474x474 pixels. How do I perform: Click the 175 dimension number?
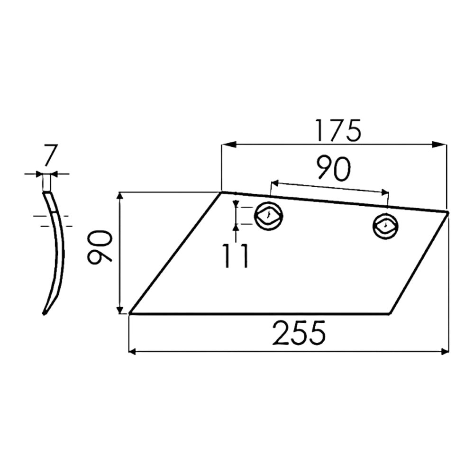click(x=337, y=131)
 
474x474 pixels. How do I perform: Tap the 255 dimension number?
click(x=299, y=333)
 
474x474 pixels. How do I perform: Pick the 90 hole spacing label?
click(x=333, y=169)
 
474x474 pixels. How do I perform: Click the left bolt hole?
click(x=268, y=216)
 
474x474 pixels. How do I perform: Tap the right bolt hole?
click(x=385, y=226)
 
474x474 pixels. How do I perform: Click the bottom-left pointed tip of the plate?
click(x=130, y=314)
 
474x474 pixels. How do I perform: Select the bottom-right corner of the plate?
click(x=390, y=314)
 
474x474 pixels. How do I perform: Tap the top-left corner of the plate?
click(x=221, y=192)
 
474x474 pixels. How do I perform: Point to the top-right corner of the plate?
click(x=447, y=212)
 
